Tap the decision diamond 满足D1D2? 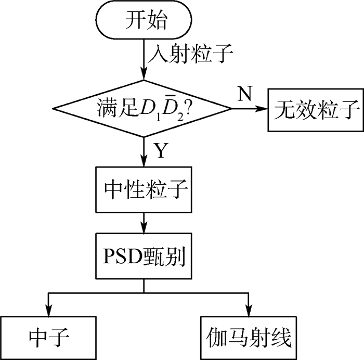tap(143, 109)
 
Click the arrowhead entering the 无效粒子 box tap(263, 109)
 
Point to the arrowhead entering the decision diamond tap(143, 75)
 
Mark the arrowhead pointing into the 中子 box tap(48, 309)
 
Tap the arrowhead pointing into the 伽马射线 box tap(249, 309)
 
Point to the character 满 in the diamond tap(104, 110)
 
